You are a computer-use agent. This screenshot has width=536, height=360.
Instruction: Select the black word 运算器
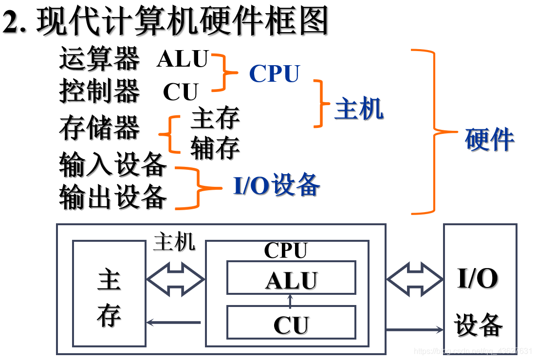click(x=99, y=59)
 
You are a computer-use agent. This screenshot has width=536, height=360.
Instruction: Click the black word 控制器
click(x=99, y=91)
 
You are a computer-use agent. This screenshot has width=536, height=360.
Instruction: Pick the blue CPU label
click(x=275, y=74)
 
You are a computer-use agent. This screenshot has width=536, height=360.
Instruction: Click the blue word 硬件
click(x=489, y=140)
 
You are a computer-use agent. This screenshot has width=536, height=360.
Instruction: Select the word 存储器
click(x=99, y=127)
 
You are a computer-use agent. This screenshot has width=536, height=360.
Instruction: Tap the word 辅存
click(x=215, y=148)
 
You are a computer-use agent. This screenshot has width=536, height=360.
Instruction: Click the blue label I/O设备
click(x=277, y=185)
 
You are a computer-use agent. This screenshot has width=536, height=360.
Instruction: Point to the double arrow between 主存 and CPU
click(x=176, y=280)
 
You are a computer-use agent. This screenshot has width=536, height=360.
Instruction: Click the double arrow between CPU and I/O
click(x=415, y=279)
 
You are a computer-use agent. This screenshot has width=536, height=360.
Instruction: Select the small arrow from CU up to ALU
click(x=291, y=300)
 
